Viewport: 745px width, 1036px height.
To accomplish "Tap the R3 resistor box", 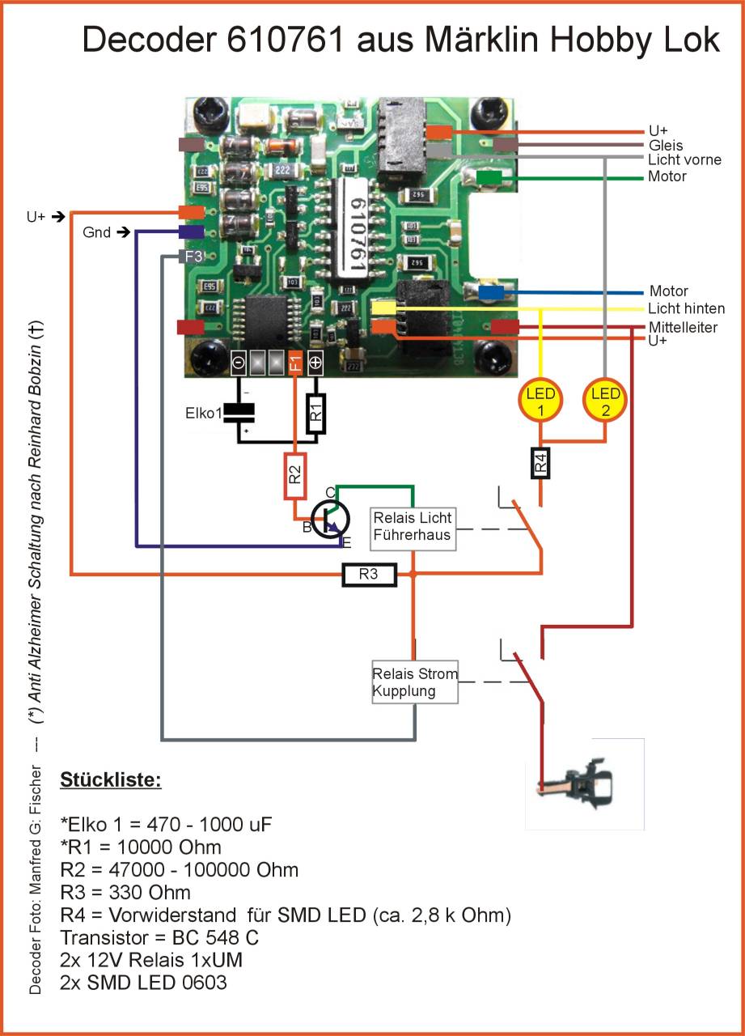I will [x=369, y=575].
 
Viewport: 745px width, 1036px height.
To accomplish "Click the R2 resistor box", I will [x=295, y=476].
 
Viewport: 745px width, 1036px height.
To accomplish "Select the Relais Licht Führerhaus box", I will [x=413, y=529].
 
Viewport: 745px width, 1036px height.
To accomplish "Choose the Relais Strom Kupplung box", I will [x=415, y=681].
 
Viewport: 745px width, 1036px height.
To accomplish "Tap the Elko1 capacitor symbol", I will [x=239, y=413].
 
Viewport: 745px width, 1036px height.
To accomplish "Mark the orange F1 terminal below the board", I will [x=295, y=363].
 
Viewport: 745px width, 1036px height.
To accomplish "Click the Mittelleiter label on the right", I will [x=683, y=327].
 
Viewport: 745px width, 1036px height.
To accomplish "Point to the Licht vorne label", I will [x=684, y=160].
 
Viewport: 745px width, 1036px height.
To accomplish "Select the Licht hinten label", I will [x=686, y=308].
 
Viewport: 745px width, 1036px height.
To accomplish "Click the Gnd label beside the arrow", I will [x=96, y=233].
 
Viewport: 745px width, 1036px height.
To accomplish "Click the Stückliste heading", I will [x=111, y=781].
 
